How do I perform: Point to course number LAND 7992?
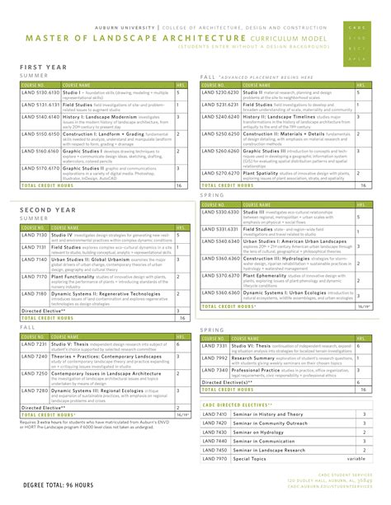(x=217, y=358)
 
